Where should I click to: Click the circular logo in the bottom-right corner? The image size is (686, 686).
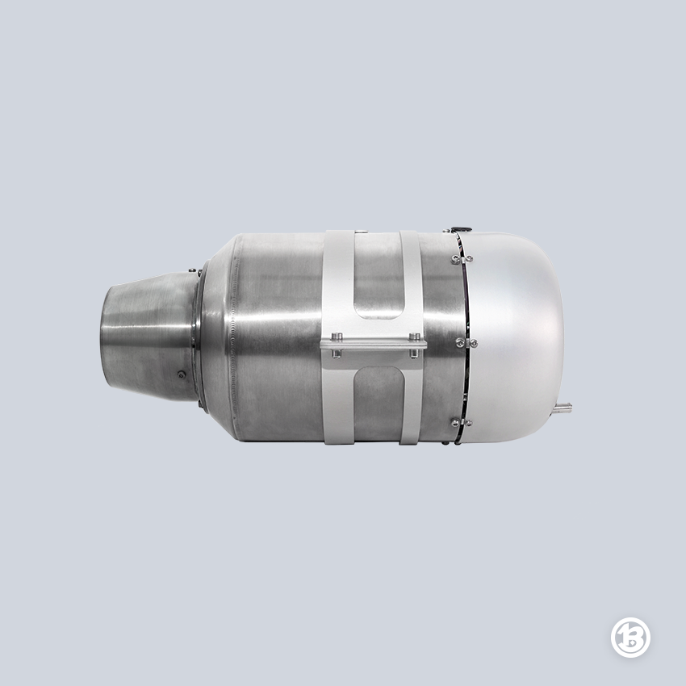pos(630,637)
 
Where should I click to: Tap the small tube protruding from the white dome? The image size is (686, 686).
pos(562,408)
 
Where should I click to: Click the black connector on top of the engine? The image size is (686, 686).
pos(462,228)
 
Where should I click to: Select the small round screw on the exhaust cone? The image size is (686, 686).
pos(181,374)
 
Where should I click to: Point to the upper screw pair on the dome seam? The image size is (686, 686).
pos(462,259)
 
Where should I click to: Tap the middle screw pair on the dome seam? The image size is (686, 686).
pos(467,341)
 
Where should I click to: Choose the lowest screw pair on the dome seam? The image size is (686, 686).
pos(462,423)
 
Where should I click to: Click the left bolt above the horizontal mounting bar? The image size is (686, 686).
pos(336,337)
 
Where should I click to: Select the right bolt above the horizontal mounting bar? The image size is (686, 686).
pos(414,337)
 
